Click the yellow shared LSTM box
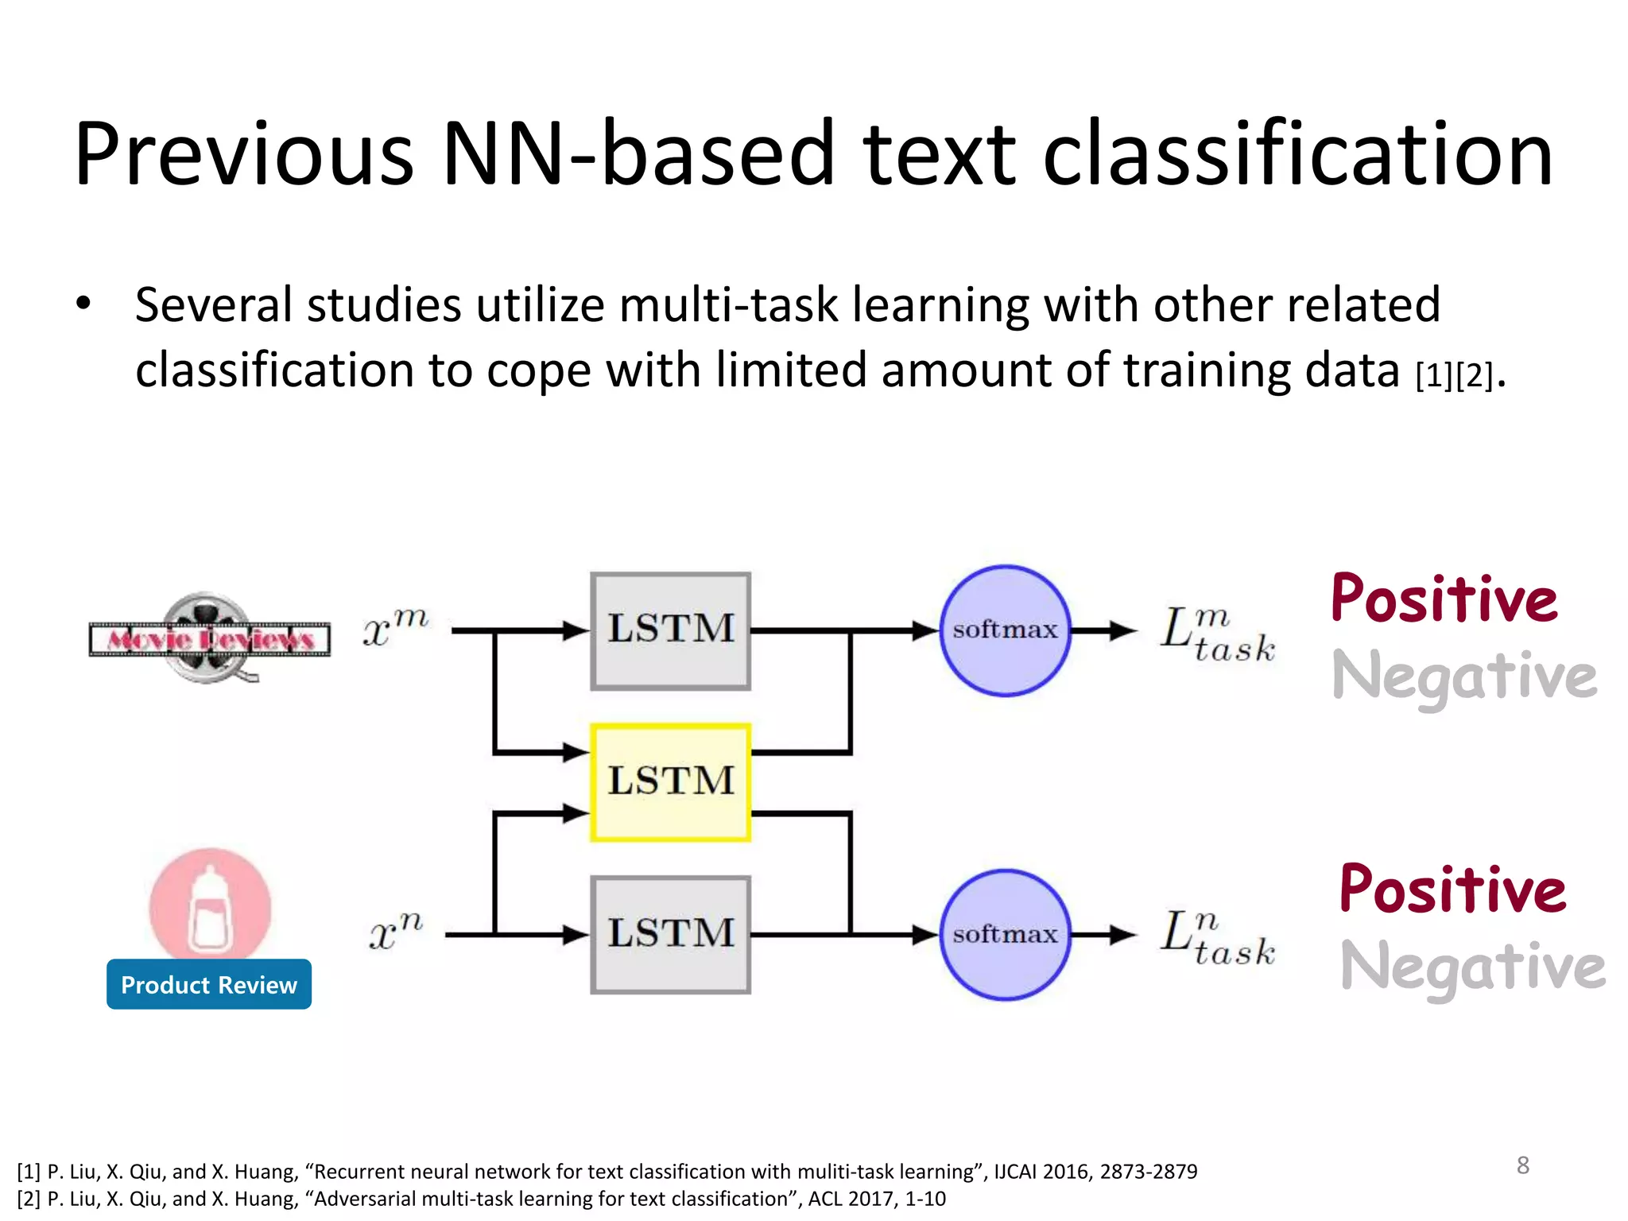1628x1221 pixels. click(x=670, y=782)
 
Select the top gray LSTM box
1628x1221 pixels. click(x=670, y=630)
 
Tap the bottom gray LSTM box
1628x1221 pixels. click(x=670, y=934)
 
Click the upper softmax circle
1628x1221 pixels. click(x=1005, y=630)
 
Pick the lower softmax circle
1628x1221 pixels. click(x=1005, y=934)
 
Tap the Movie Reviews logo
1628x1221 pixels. click(x=210, y=638)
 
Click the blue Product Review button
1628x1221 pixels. click(x=209, y=985)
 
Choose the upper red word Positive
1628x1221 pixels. click(x=1444, y=599)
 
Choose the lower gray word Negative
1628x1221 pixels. click(x=1472, y=968)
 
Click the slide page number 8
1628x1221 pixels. click(x=1522, y=1165)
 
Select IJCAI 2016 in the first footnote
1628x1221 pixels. click(x=1041, y=1172)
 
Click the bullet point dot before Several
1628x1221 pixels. click(x=83, y=304)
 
